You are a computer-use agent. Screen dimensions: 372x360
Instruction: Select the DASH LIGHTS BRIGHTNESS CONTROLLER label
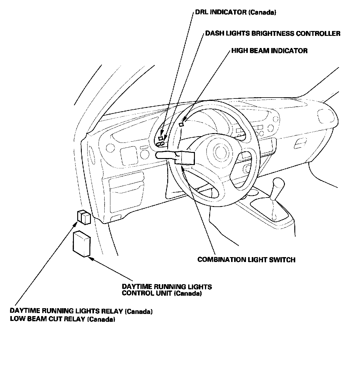pos(273,33)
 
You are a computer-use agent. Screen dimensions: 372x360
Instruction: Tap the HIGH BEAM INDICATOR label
pos(269,50)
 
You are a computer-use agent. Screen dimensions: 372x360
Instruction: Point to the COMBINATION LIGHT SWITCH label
pos(246,260)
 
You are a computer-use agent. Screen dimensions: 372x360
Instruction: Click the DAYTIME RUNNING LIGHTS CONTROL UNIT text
pos(167,290)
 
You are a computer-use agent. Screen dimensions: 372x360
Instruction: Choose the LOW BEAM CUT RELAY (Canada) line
pos(63,319)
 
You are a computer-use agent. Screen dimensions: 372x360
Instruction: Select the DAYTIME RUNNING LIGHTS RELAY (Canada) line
pos(81,312)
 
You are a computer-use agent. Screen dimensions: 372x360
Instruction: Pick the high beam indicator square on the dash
pos(182,124)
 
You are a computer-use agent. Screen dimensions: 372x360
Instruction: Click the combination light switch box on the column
pos(185,157)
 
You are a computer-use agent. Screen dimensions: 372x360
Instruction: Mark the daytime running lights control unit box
pos(82,243)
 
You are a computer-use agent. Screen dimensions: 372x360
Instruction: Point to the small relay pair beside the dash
pos(83,217)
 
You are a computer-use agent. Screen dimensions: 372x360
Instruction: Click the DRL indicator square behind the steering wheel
pos(161,138)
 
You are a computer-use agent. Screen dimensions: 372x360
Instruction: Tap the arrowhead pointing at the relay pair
pos(76,224)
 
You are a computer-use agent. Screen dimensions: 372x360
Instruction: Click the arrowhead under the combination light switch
pos(183,167)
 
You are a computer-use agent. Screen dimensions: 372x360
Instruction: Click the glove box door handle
pos(301,143)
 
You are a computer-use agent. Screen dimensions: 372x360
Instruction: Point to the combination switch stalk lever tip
pos(157,156)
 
